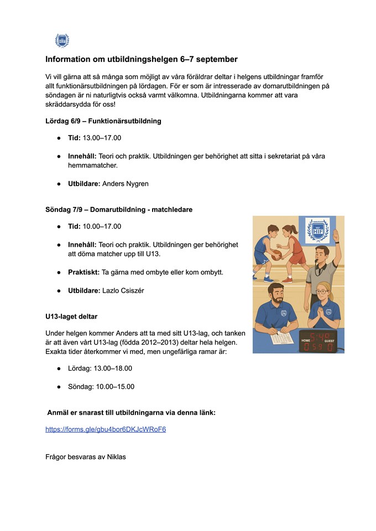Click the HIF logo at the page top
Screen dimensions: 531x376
coord(62,40)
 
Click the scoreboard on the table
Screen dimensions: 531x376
coord(320,342)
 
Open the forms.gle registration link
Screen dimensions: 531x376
coord(106,429)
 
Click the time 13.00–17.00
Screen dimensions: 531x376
coord(102,138)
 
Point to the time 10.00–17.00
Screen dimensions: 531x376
coord(102,226)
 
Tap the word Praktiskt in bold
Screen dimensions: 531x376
coord(83,273)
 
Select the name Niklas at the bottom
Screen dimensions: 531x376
coord(116,457)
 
